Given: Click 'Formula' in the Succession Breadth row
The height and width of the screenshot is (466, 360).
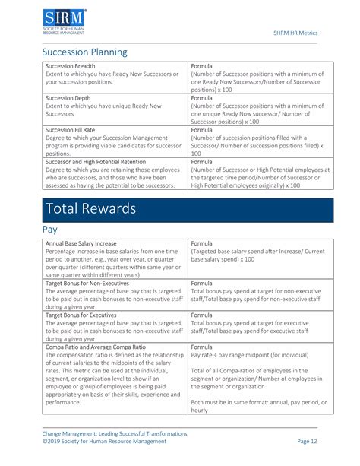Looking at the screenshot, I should click(202, 66).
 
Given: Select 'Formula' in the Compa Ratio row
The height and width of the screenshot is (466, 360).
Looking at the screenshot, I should click(202, 347).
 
